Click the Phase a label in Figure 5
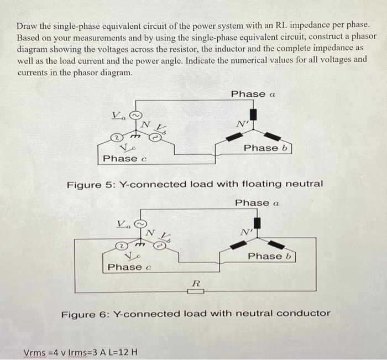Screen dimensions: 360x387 [x=253, y=94]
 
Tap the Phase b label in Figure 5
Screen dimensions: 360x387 [x=268, y=148]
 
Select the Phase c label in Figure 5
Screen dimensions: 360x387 [x=125, y=159]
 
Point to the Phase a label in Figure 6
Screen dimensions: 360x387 [x=257, y=203]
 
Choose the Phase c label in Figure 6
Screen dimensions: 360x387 [x=129, y=267]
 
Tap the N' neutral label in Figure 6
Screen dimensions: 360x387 [x=245, y=232]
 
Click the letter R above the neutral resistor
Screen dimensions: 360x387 [x=195, y=283]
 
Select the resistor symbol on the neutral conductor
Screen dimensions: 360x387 [x=195, y=291]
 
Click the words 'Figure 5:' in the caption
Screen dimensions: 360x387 [x=87, y=184]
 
